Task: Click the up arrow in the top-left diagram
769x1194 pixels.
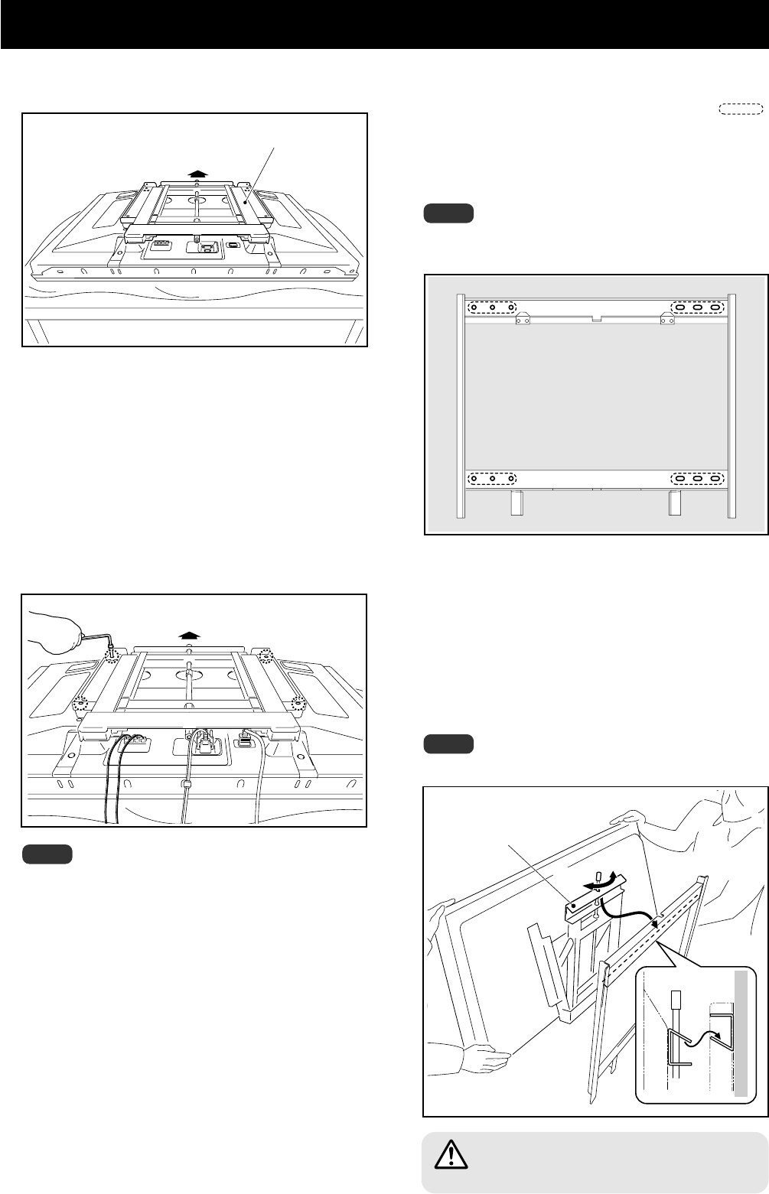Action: pyautogui.click(x=197, y=174)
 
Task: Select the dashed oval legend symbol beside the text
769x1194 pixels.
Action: pyautogui.click(x=741, y=108)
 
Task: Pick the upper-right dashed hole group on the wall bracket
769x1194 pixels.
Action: pyautogui.click(x=698, y=307)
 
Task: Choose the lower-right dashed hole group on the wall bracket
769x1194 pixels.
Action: pyautogui.click(x=698, y=480)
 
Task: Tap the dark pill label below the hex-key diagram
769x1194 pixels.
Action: pyautogui.click(x=47, y=854)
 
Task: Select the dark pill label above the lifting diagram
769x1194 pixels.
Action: pyautogui.click(x=448, y=743)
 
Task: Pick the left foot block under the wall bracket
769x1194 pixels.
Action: pyautogui.click(x=516, y=503)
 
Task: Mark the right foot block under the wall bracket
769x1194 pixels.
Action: pyautogui.click(x=674, y=503)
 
